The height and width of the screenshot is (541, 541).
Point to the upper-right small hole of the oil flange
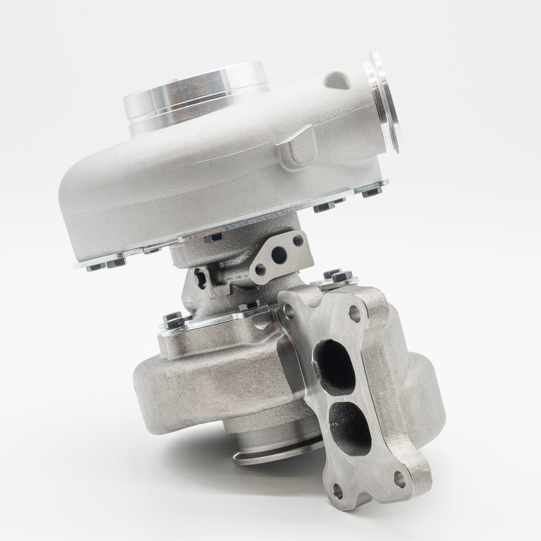tap(297, 241)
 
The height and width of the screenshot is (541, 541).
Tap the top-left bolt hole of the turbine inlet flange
tap(289, 312)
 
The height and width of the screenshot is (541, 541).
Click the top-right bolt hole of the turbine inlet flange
tap(355, 314)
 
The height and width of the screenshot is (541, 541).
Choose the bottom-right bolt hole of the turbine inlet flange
tap(400, 479)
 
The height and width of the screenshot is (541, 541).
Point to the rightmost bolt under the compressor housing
tap(374, 190)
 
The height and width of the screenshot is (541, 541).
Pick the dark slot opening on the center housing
tap(200, 277)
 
